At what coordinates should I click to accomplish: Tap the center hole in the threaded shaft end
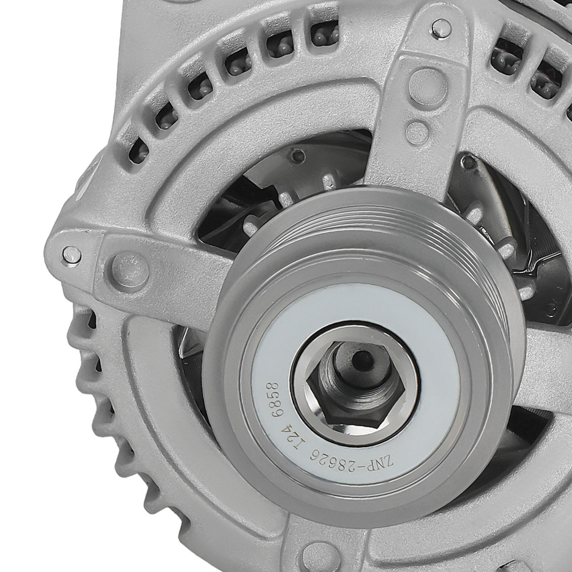point(362,359)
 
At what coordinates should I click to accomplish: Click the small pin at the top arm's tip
point(440,27)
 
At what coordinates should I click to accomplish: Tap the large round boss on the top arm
point(428,86)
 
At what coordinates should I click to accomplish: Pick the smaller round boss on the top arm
point(418,133)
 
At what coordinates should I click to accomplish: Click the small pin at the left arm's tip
point(71,255)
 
